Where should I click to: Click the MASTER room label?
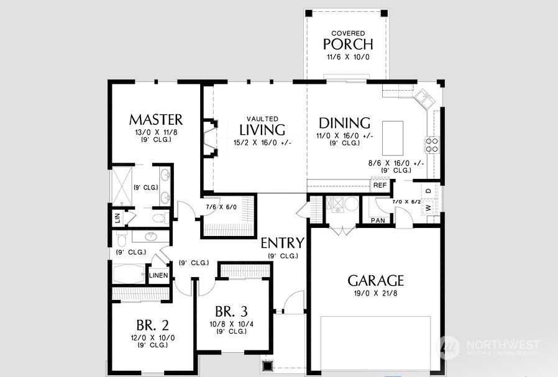point(156,120)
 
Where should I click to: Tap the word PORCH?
point(348,44)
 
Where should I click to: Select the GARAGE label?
point(375,281)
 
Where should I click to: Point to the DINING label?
point(344,123)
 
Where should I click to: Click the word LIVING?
point(262,130)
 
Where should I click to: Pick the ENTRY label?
point(283,243)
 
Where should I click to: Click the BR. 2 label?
point(153,325)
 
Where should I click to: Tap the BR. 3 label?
point(231,312)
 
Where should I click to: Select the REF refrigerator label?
point(380,185)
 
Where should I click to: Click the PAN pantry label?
point(378,220)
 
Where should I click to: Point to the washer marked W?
point(428,207)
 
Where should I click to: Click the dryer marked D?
point(429,191)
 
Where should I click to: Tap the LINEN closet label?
point(158,275)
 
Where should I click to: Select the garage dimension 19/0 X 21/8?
point(375,294)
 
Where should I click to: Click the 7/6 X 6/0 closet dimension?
point(221,207)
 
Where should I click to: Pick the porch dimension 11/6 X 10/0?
point(348,57)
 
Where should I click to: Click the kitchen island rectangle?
point(393,139)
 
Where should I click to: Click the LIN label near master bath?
point(118,217)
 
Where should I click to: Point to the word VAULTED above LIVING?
point(263,119)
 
